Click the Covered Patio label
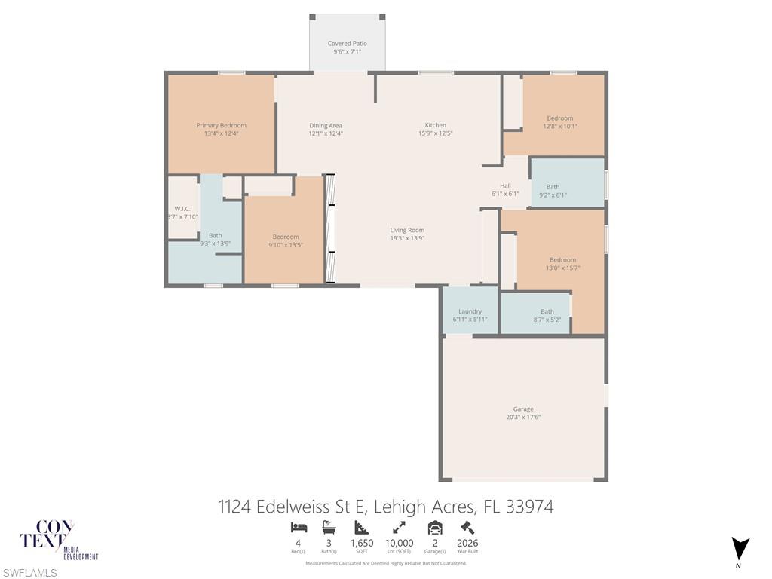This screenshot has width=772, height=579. click(347, 44)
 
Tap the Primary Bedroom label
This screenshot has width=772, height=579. click(221, 125)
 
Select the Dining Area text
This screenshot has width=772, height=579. click(326, 125)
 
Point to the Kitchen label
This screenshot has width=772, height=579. click(435, 125)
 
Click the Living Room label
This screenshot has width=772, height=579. click(407, 230)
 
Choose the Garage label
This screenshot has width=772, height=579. click(523, 409)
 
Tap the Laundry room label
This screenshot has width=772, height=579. click(470, 311)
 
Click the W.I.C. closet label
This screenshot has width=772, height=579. click(182, 208)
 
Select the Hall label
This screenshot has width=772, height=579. click(505, 185)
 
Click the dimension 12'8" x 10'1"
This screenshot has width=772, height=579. click(560, 127)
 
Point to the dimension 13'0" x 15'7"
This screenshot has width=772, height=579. click(562, 268)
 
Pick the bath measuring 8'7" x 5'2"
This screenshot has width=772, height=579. click(547, 315)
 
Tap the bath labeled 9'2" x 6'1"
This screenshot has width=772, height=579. click(553, 191)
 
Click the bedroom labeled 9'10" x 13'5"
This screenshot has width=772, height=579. click(286, 240)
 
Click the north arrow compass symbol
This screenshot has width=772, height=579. click(740, 549)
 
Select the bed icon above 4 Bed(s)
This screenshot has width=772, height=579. click(298, 528)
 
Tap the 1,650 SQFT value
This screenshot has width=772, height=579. click(362, 543)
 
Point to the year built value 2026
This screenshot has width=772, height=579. click(467, 543)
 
